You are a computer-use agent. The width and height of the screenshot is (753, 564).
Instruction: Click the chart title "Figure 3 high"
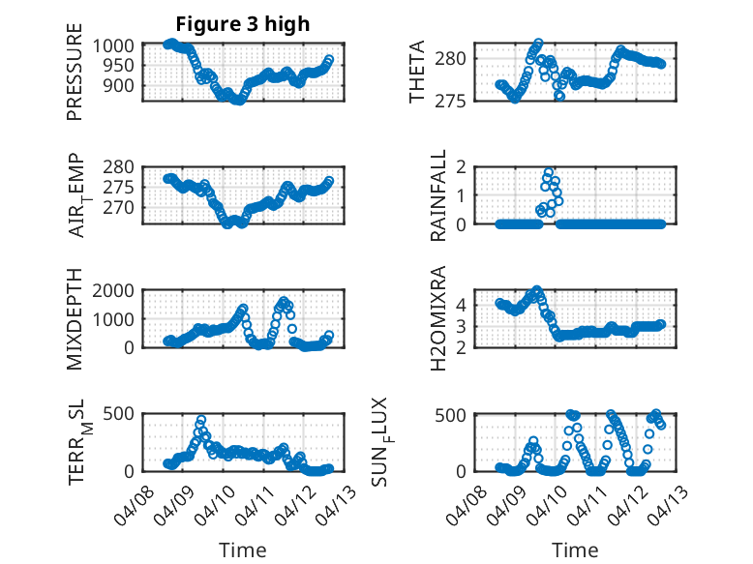coord(243,24)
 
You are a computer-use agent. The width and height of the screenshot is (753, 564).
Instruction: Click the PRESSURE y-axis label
coord(75,78)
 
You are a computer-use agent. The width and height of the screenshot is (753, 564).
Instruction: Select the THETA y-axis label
coord(417,73)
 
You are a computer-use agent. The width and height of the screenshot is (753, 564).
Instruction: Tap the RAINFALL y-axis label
coord(438,195)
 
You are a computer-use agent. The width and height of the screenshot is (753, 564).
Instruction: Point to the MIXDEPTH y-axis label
coord(75,319)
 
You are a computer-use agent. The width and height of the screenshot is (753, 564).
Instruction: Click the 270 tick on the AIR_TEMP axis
coord(124,207)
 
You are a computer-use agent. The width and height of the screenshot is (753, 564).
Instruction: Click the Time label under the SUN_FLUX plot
coord(575,550)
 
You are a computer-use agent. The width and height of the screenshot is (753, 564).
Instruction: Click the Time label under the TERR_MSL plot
coord(242,550)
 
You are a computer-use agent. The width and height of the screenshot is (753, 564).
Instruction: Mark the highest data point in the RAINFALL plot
coord(549,173)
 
